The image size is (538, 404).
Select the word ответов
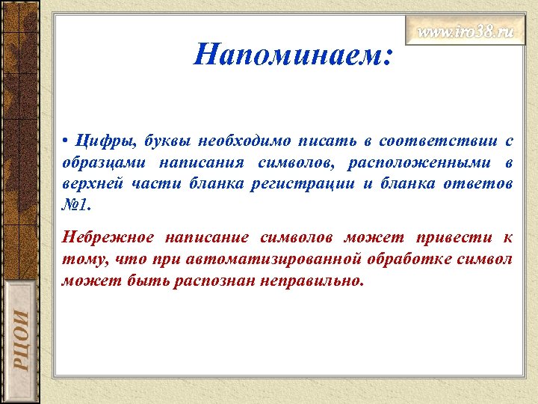[478, 184]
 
